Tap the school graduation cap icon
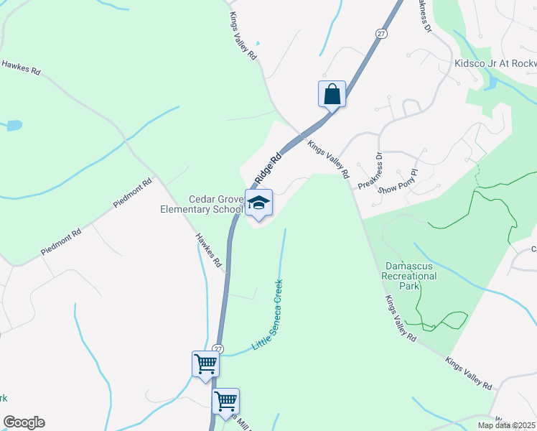pos(258,203)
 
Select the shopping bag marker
pos(332,94)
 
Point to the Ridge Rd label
pos(265,167)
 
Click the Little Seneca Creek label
pos(267,317)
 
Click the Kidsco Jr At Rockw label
pos(495,63)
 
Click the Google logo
pos(24,422)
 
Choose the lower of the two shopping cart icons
pos(225,400)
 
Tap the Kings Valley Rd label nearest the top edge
pos(243,40)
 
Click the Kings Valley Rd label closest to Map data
pos(468,374)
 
